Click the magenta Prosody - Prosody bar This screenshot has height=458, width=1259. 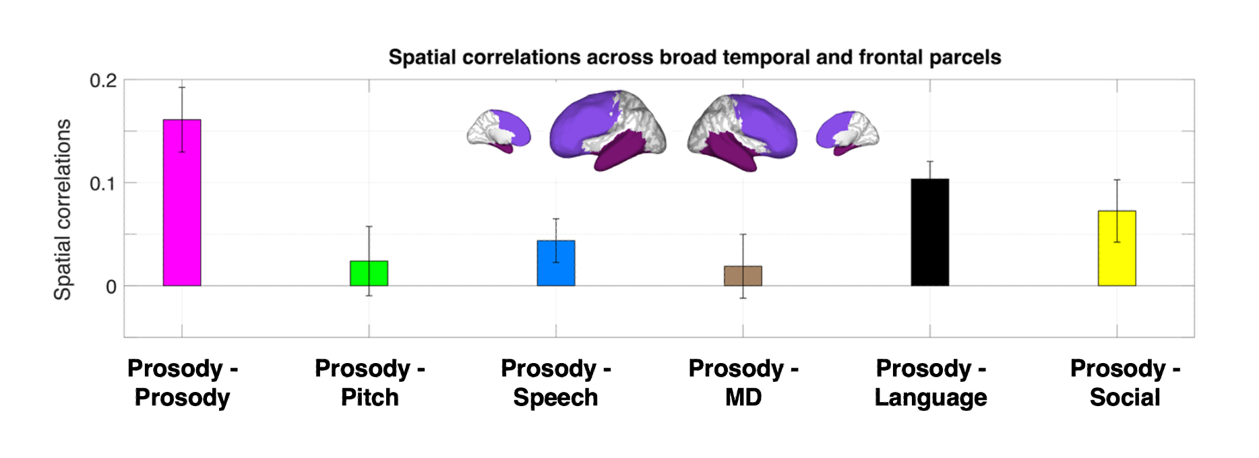[x=182, y=203]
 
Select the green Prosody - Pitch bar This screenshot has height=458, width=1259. [x=369, y=273]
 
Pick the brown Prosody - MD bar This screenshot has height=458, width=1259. [x=743, y=276]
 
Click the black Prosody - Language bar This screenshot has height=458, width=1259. [x=930, y=232]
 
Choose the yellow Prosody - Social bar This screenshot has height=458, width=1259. [x=1117, y=249]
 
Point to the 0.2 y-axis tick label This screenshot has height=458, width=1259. [x=103, y=81]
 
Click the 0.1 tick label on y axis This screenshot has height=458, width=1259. [x=103, y=183]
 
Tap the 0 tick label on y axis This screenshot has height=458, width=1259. [x=111, y=287]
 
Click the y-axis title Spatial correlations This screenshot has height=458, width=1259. [x=63, y=209]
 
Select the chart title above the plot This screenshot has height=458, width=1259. [x=694, y=57]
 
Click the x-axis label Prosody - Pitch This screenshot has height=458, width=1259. [x=369, y=383]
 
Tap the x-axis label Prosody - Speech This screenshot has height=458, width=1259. [x=556, y=383]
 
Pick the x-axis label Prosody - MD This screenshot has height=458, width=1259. [x=743, y=383]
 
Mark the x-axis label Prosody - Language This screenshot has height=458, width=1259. [x=931, y=383]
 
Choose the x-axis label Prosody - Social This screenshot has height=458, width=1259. [x=1125, y=383]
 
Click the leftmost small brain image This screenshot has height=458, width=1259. [x=499, y=131]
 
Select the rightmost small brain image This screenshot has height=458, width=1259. [x=847, y=131]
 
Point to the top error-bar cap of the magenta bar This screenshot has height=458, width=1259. [x=182, y=88]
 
